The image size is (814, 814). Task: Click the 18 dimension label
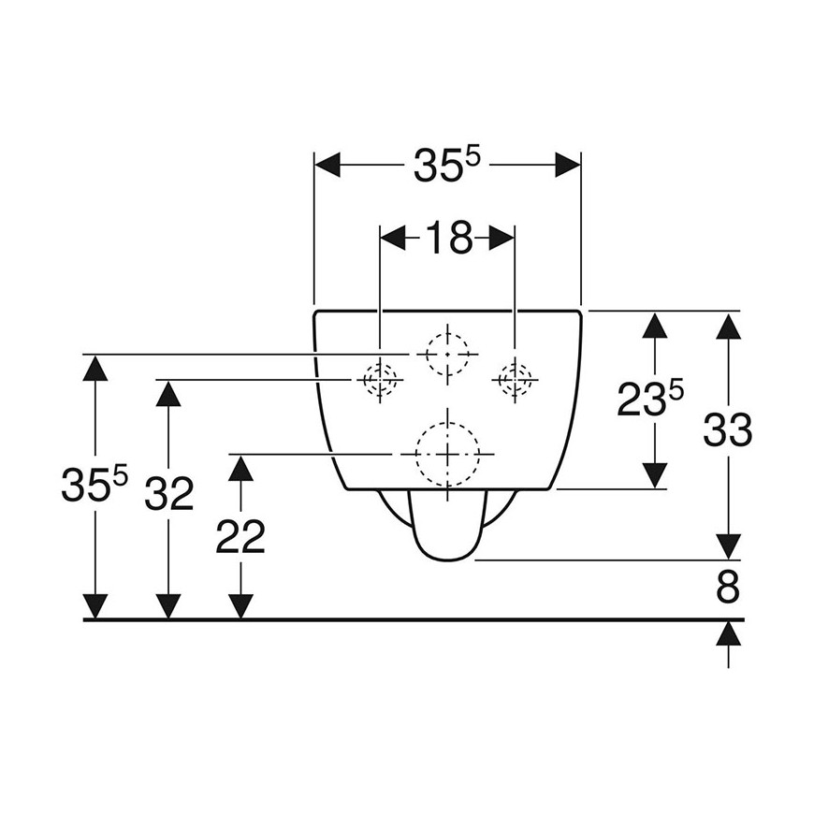[x=447, y=238]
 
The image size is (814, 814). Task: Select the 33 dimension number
[x=727, y=429]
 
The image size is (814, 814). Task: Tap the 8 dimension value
[x=728, y=588]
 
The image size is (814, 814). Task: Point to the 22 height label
[x=240, y=538]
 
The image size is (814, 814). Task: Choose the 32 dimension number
[x=168, y=494]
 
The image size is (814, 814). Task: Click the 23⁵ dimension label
[x=650, y=399]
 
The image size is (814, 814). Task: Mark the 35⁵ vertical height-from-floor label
[x=94, y=484]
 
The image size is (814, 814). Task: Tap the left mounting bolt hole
[x=380, y=380]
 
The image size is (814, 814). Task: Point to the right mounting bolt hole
[x=515, y=380]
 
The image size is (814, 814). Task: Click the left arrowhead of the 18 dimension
[x=393, y=238]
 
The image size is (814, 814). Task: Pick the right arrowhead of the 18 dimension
[x=501, y=238]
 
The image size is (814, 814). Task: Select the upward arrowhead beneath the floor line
[x=729, y=633]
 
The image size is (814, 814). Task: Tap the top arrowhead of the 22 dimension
[x=240, y=467]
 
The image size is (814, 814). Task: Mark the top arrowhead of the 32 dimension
[x=168, y=393]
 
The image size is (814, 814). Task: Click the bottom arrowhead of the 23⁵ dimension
[x=655, y=476]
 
